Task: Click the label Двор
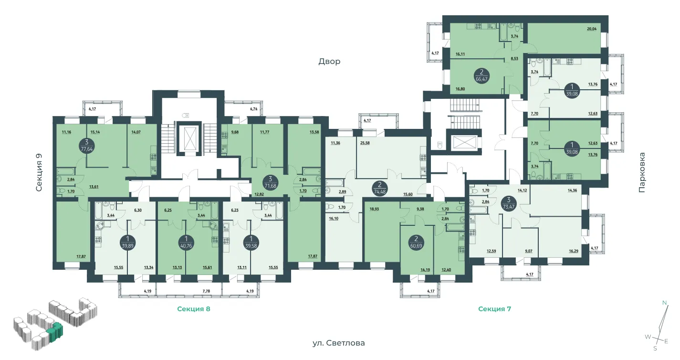pos(329,62)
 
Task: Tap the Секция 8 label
pos(193,309)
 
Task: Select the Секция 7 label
pos(494,309)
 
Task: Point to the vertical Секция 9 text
pos(39,172)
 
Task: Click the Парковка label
pos(641,172)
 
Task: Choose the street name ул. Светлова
pos(339,343)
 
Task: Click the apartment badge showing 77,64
pos(87,146)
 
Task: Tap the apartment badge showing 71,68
pos(270,182)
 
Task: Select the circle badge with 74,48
pos(380,188)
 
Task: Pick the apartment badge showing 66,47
pos(481,75)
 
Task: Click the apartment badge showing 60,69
pos(416,243)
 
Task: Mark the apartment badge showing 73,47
pos(509,203)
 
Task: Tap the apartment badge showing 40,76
pos(186,243)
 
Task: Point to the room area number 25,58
pos(365,143)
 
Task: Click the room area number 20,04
pos(592,29)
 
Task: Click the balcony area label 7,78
pos(206,291)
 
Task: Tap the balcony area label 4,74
pos(253,109)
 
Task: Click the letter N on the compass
pos(665,303)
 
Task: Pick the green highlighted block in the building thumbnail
pos(56,331)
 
